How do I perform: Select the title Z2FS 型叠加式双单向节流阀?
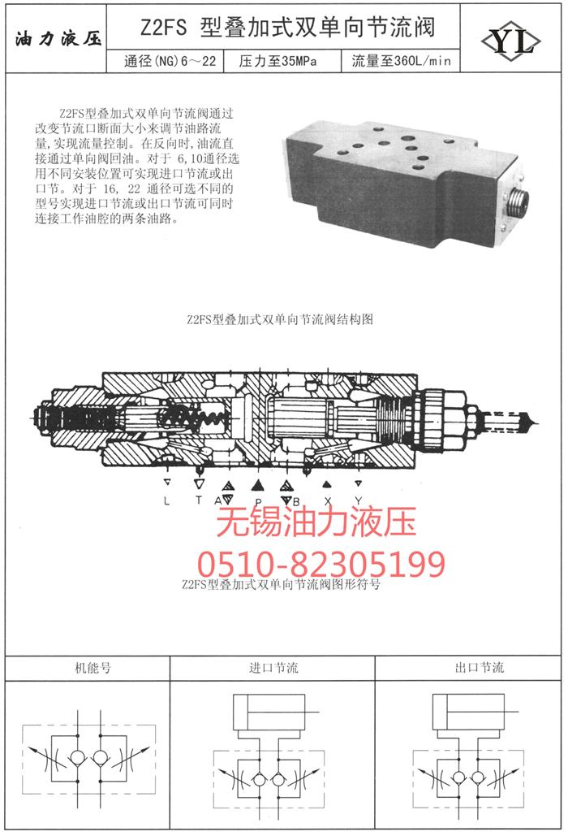coord(287,27)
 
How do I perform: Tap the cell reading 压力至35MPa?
coord(278,61)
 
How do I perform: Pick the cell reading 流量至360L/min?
coord(401,61)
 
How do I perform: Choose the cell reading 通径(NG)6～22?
coord(170,61)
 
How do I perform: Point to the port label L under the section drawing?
coord(167,500)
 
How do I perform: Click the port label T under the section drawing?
coord(199,500)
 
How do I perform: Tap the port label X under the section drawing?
coord(327,500)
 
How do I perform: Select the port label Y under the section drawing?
coord(359,500)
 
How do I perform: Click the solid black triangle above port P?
coord(258,485)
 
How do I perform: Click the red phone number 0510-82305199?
coord(321,564)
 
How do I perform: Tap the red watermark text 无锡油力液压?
coord(316,522)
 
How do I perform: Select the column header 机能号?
coord(93,668)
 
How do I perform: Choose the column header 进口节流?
coord(273,668)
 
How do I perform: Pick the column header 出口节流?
coord(479,668)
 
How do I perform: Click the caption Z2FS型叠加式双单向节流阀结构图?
coord(280,319)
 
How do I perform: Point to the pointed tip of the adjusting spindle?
coord(536,424)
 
